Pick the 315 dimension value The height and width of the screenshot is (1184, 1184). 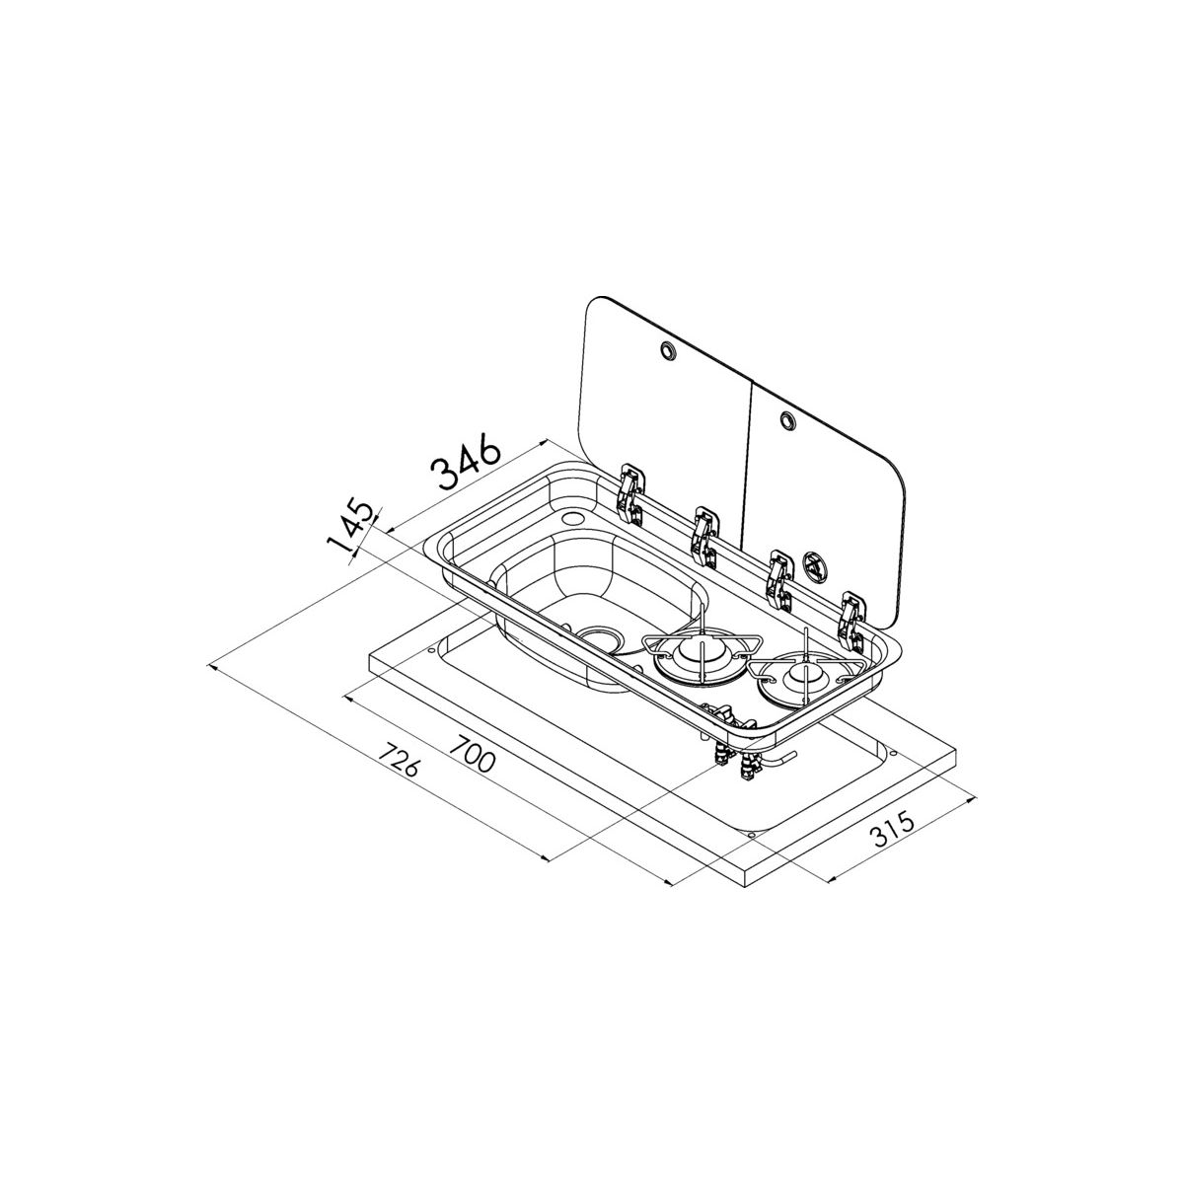coord(892,828)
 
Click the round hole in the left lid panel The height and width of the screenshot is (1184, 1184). coord(667,351)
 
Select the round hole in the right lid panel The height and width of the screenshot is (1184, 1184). coord(787,419)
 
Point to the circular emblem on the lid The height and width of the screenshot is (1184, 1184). coord(813,561)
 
